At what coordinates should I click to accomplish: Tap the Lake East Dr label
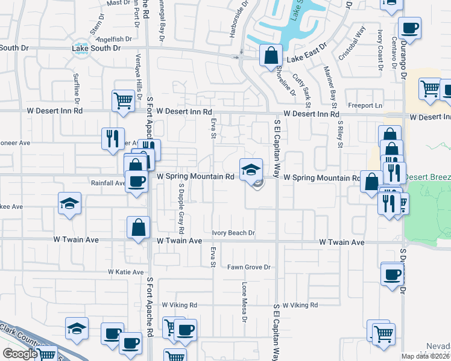(306, 52)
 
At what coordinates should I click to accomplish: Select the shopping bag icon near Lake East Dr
(271, 55)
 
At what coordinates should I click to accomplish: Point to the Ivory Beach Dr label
(233, 233)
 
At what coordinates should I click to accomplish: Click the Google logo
(20, 354)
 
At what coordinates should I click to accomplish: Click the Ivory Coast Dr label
(380, 49)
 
